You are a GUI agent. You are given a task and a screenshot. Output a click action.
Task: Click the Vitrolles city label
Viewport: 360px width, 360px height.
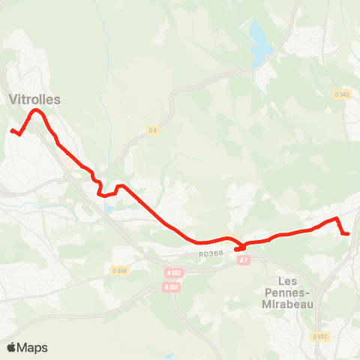(x=35, y=99)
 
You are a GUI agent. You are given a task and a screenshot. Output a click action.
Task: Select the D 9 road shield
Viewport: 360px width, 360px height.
(x=152, y=130)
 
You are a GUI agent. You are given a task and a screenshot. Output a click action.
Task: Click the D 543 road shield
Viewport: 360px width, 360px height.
(x=341, y=94)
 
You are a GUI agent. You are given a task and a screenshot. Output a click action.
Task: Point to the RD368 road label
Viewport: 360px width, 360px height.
(x=212, y=254)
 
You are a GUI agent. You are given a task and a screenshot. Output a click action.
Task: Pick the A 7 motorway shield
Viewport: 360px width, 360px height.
(x=243, y=260)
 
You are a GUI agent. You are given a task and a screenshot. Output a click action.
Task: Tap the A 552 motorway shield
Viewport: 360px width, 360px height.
(x=174, y=273)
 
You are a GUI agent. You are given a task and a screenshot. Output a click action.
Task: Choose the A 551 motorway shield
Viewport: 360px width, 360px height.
(x=171, y=286)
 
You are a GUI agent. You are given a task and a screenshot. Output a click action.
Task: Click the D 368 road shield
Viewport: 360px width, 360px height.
(x=119, y=270)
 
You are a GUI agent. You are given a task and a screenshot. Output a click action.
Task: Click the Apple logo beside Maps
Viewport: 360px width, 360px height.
(x=12, y=347)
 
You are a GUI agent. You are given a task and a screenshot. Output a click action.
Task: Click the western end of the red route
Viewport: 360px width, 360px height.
(x=11, y=131)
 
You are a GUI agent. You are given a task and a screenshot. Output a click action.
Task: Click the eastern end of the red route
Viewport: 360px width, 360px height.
(x=349, y=234)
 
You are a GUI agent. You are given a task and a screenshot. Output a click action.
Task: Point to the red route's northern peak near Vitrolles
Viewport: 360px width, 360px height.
(x=35, y=111)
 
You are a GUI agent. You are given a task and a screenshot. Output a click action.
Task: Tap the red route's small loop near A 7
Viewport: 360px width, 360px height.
(x=241, y=247)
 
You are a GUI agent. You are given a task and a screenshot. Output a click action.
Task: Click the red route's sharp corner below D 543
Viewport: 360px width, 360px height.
(x=337, y=218)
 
